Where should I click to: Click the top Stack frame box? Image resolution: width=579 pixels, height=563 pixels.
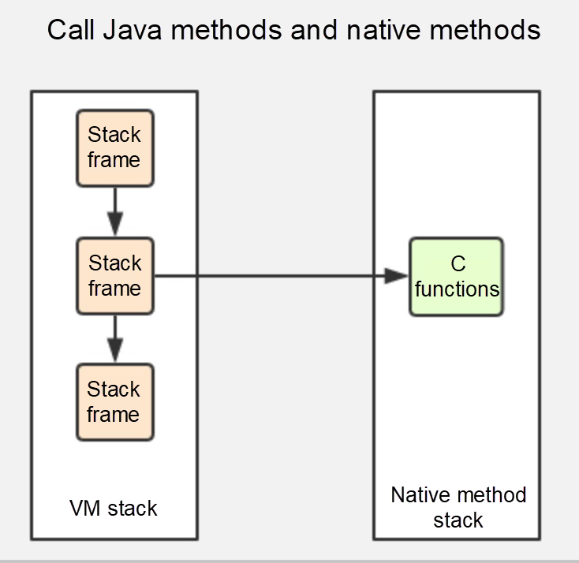(x=114, y=148)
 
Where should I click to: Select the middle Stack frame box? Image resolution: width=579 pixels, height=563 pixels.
(x=114, y=276)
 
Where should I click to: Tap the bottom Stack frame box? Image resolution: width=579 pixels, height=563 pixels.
(x=114, y=402)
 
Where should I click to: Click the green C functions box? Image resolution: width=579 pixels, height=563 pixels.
(x=456, y=276)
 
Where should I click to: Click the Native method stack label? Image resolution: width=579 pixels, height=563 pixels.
(x=458, y=508)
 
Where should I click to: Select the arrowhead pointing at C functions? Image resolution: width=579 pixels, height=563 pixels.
(x=397, y=276)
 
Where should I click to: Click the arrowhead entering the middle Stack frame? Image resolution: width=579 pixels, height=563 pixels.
(x=115, y=226)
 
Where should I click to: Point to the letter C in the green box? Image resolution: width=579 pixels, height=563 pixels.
(x=458, y=264)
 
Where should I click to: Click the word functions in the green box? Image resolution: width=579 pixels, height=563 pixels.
(x=457, y=289)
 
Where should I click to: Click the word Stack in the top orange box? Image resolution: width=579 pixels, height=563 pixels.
(x=114, y=135)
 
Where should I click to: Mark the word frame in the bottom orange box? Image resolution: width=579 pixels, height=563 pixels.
(x=114, y=415)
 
